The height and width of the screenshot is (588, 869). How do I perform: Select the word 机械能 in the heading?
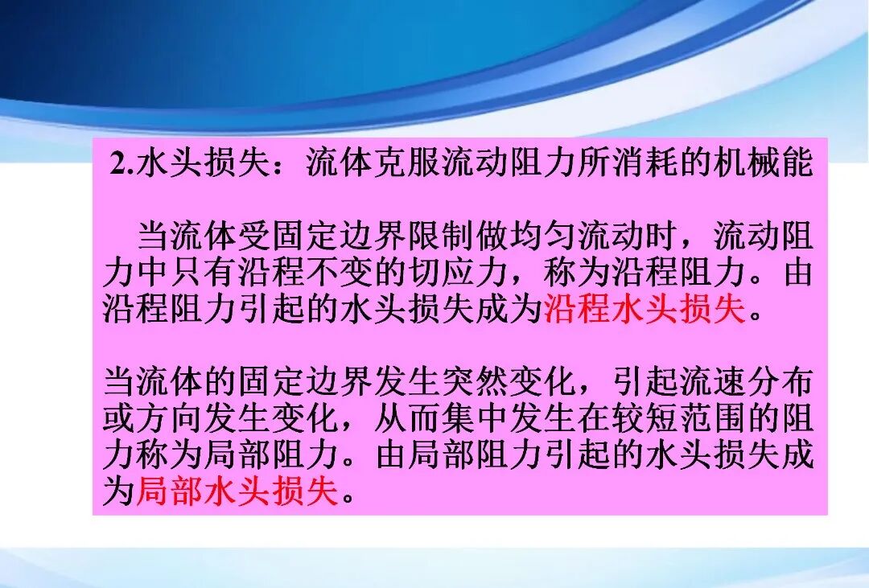pyautogui.click(x=763, y=165)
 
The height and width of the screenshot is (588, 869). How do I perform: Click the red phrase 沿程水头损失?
pyautogui.click(x=645, y=308)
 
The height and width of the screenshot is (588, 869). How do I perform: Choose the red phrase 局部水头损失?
pyautogui.click(x=238, y=490)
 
